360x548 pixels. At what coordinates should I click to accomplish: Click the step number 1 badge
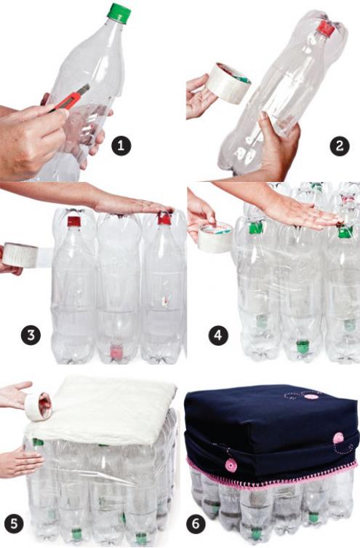[x=121, y=146]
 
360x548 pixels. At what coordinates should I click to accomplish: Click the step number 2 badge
[x=339, y=146]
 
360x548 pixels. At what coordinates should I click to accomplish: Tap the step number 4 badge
[x=217, y=336]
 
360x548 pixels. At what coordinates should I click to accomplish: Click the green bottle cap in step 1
[x=118, y=12]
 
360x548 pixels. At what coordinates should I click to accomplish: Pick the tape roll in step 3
[x=20, y=255]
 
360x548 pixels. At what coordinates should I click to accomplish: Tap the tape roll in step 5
[x=38, y=406]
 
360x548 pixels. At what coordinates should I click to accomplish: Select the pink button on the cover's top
[x=312, y=396]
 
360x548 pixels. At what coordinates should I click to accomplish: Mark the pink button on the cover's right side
[x=338, y=438]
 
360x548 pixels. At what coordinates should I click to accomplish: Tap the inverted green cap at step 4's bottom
[x=303, y=346]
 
